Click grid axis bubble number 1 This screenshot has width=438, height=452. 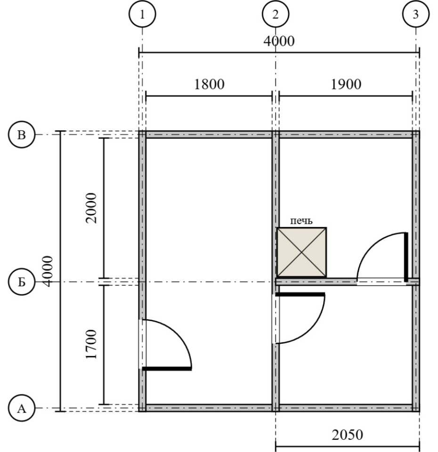click(142, 14)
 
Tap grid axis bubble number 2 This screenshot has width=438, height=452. click(276, 14)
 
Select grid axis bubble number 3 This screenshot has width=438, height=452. click(416, 14)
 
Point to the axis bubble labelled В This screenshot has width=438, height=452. click(22, 135)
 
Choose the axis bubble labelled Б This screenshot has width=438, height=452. click(22, 282)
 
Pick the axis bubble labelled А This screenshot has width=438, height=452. click(22, 408)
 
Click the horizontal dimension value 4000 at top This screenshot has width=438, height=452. click(279, 41)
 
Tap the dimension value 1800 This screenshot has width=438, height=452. click(209, 84)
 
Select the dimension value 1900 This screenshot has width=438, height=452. click(346, 84)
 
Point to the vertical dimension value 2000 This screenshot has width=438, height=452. click(91, 208)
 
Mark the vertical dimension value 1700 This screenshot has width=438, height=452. click(91, 344)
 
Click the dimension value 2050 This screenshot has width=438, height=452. click(347, 435)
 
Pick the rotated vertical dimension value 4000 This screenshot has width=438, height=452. click(48, 271)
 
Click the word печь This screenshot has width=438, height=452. click(301, 221)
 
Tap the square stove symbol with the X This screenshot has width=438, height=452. click(301, 252)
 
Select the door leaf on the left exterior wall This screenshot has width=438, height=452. click(167, 369)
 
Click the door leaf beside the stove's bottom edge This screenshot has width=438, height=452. click(300, 294)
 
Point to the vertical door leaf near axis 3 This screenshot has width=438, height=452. click(406, 257)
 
